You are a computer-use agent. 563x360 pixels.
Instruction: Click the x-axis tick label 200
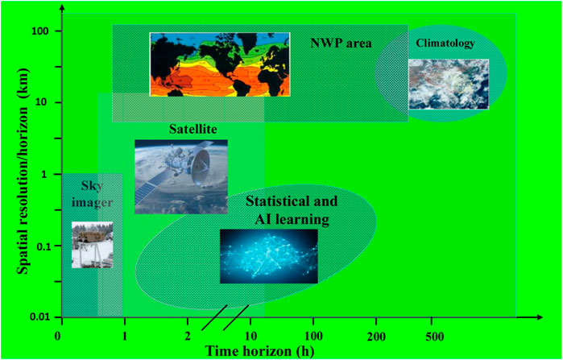(x=376, y=337)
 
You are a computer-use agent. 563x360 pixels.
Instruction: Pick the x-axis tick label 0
(x=57, y=337)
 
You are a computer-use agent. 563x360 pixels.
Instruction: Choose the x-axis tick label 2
(x=188, y=337)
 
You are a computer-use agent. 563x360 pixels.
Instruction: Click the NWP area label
(x=341, y=43)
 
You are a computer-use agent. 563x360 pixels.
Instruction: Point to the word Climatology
(x=445, y=43)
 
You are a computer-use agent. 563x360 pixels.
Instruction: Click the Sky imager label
(x=88, y=193)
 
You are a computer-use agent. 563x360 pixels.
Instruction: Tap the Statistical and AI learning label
(x=292, y=210)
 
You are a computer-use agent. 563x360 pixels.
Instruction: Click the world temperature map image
(x=220, y=64)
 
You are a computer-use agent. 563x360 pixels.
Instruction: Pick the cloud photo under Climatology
(x=449, y=84)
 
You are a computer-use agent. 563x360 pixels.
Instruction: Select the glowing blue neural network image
(x=268, y=256)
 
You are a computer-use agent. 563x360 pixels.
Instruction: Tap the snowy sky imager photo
(x=93, y=245)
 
